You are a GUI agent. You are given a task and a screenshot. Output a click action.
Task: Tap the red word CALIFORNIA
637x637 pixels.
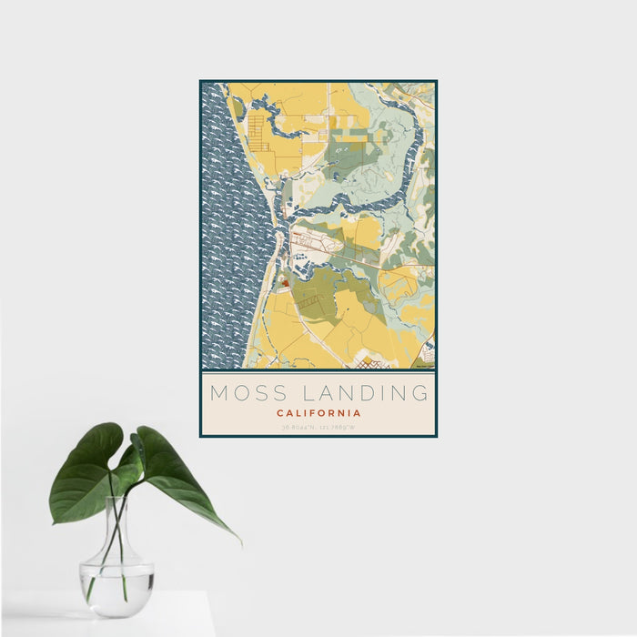318,413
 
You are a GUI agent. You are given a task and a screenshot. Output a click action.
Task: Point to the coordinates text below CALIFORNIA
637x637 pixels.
318,426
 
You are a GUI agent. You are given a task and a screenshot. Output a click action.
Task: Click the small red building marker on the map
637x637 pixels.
284,283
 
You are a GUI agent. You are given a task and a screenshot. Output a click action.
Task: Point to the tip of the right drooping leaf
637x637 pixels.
239,542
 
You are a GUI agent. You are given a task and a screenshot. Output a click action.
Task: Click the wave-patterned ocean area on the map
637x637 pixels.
227,227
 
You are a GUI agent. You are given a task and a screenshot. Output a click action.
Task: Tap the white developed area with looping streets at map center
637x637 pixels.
314,242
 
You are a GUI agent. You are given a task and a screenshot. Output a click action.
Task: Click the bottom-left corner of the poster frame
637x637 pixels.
201,436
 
